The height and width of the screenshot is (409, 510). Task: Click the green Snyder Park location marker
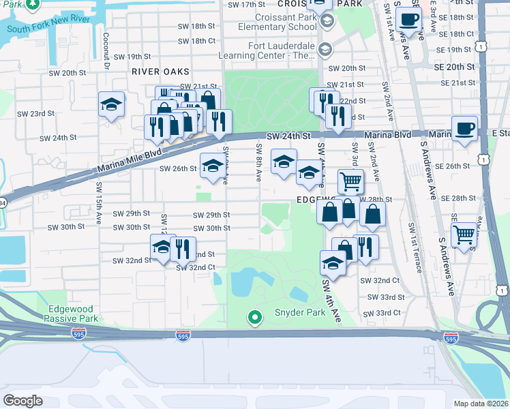255,317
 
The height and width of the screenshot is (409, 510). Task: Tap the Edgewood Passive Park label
72,314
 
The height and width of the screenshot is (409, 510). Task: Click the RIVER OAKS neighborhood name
161,72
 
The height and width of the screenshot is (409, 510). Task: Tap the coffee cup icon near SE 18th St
408,20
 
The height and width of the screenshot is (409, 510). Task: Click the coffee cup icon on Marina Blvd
464,128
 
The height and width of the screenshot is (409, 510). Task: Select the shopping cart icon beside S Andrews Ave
464,234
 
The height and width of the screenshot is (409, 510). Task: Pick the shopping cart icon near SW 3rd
350,181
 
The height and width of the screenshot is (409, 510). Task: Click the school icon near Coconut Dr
111,105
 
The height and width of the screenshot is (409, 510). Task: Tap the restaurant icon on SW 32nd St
182,249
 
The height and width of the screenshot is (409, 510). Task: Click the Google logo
23,401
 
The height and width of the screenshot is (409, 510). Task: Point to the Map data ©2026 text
481,404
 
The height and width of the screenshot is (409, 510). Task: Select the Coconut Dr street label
106,51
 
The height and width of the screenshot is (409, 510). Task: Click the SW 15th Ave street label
99,198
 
